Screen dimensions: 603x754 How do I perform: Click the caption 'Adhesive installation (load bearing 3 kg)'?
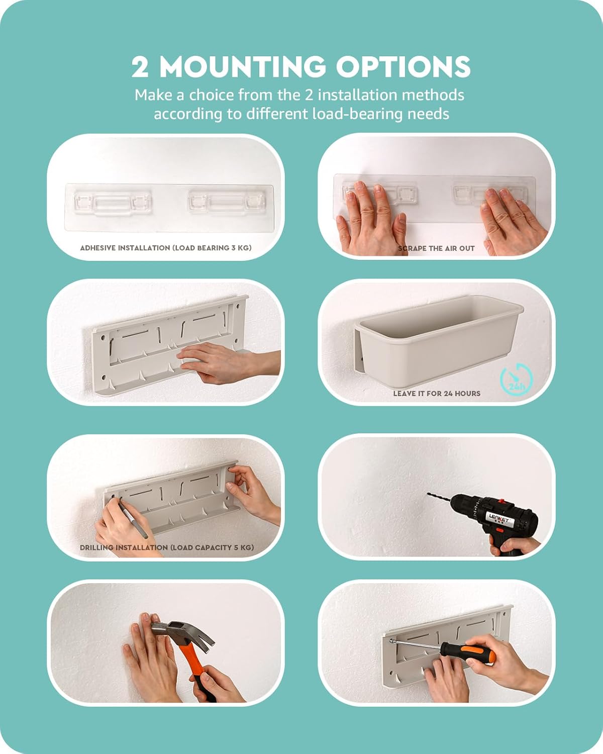[x=166, y=248]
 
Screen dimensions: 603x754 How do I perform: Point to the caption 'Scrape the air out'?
[x=436, y=248]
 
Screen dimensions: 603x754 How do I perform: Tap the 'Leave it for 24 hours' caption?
[x=437, y=394]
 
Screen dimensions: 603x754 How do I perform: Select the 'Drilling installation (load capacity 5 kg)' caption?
[x=167, y=547]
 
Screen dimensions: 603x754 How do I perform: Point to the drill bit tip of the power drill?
[x=428, y=494]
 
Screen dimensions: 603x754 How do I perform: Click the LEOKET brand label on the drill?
[x=499, y=519]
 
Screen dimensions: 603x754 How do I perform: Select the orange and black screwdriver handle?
[x=468, y=652]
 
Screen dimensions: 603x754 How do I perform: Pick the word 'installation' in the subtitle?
[x=356, y=95]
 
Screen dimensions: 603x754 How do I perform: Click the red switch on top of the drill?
[x=501, y=501]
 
